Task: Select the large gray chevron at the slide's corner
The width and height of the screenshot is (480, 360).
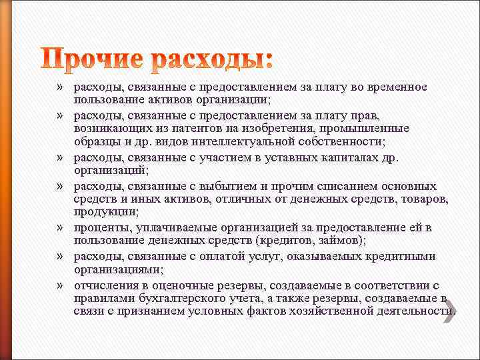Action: pyautogui.click(x=450, y=311)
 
